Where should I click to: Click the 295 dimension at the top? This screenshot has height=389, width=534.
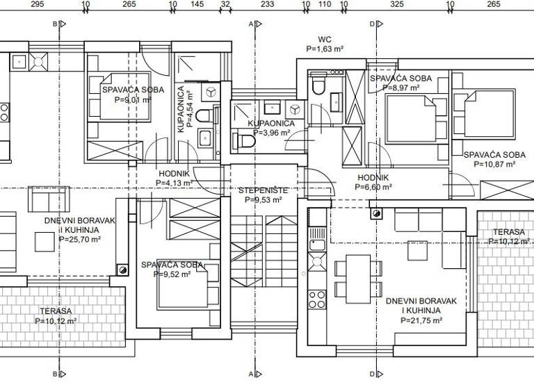(x=38, y=4)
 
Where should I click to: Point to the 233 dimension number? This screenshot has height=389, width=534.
(x=266, y=4)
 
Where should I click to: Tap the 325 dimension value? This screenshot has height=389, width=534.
(x=396, y=4)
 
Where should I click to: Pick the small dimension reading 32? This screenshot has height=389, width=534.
(x=225, y=4)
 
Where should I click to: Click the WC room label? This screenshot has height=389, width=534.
(x=325, y=39)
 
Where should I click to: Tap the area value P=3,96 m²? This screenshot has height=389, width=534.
(x=271, y=133)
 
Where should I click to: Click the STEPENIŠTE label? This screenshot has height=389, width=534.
(x=263, y=190)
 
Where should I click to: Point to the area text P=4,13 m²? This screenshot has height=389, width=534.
(x=175, y=183)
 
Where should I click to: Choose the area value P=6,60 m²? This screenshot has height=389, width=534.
(x=373, y=187)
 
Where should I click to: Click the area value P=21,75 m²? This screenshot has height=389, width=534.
(x=420, y=320)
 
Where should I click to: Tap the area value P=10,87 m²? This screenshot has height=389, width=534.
(x=494, y=165)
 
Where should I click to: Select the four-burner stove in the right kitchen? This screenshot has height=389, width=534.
(x=317, y=299)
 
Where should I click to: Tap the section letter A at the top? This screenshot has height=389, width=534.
(x=250, y=24)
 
